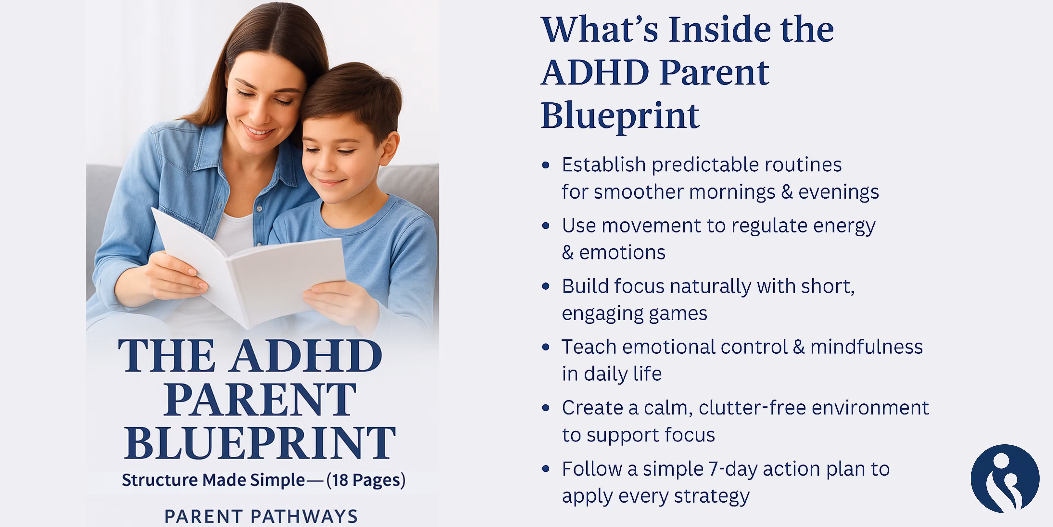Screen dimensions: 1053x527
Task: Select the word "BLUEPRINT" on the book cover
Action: [260, 443]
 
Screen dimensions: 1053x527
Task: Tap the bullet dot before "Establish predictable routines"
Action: [545, 165]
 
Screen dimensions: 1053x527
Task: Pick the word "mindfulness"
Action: [867, 347]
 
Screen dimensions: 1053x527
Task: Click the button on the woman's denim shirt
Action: [259, 208]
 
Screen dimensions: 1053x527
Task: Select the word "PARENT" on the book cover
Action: [260, 399]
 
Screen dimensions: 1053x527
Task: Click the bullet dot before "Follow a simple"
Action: [545, 469]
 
